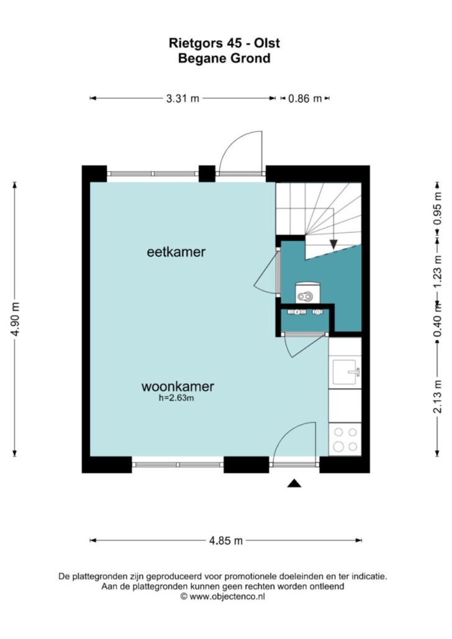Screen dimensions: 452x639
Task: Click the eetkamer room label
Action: tap(176, 252)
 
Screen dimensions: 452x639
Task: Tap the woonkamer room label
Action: tap(178, 387)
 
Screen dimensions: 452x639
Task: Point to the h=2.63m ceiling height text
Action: tap(176, 398)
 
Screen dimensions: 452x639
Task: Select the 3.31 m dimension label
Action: tap(183, 98)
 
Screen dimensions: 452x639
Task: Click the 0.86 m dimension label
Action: tap(305, 98)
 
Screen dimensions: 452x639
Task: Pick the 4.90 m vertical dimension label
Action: tap(16, 319)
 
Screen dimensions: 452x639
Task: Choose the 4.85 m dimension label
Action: tap(226, 540)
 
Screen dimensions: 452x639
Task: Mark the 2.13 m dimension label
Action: tap(437, 396)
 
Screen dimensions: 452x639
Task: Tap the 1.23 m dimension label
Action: tap(437, 271)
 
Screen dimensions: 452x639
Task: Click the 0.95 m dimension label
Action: tap(437, 208)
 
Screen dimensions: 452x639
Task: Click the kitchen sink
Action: tap(345, 372)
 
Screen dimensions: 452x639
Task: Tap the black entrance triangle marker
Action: tap(294, 484)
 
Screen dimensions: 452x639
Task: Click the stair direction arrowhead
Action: tap(333, 244)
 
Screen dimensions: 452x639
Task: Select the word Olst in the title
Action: tap(267, 43)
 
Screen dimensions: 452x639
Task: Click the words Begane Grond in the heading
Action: tap(224, 58)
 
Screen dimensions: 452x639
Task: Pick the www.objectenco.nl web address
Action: tap(227, 596)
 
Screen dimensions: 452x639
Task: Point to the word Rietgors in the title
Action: tap(196, 43)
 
